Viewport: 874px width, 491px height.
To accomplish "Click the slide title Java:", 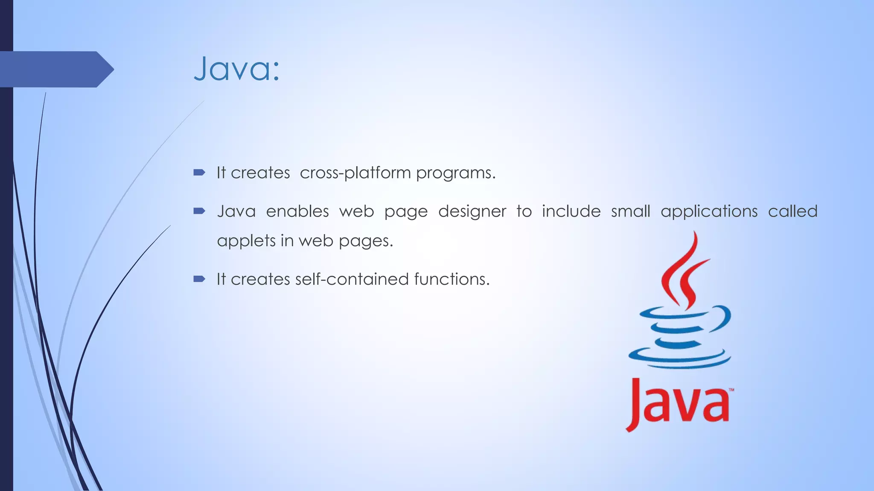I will click(237, 69).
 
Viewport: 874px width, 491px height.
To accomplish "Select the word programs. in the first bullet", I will click(456, 173).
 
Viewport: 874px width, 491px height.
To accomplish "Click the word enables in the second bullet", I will click(297, 211).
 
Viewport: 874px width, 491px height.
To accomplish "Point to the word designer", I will click(472, 211).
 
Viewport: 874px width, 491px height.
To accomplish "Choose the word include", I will click(571, 211).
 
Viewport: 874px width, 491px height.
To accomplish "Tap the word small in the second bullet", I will click(630, 211).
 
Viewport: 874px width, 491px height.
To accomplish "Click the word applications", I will click(709, 211).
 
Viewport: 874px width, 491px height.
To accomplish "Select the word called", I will click(792, 211).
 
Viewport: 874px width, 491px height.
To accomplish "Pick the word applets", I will click(246, 241).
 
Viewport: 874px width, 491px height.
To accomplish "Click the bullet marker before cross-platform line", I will click(199, 173).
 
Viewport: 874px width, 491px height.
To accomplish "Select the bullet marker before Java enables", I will click(199, 211).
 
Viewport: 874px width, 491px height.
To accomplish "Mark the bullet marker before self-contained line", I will click(199, 279).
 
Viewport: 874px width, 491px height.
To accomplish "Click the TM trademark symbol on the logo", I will click(731, 390).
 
